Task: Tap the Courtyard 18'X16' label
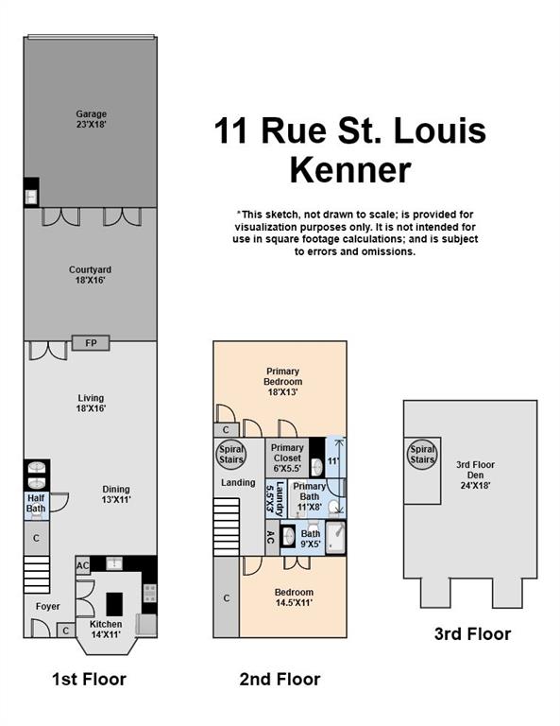(91, 275)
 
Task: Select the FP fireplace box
(91, 342)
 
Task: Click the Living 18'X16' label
(91, 404)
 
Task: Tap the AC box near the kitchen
(83, 566)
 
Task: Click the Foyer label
(48, 607)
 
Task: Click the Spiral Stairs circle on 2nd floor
(231, 454)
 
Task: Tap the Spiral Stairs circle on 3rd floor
(422, 456)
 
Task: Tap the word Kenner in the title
(349, 170)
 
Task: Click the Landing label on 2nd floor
(237, 483)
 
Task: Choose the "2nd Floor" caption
(280, 679)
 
